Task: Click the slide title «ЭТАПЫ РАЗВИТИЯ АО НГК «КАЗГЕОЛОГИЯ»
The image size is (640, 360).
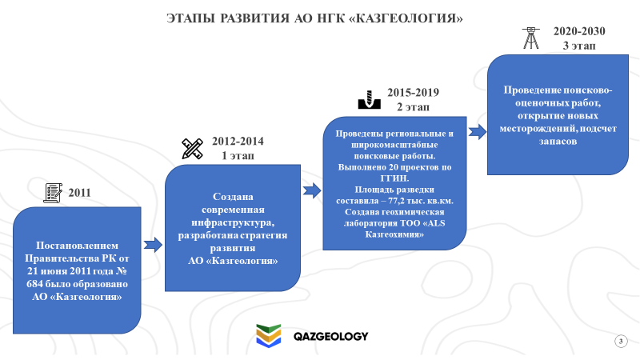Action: pyautogui.click(x=314, y=18)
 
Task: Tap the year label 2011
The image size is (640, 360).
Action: pyautogui.click(x=79, y=193)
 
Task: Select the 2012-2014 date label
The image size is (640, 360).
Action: pyautogui.click(x=238, y=142)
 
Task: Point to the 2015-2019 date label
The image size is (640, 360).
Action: pyautogui.click(x=413, y=93)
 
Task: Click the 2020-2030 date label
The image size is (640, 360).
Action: pyautogui.click(x=579, y=31)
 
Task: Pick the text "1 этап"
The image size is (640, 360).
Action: pyautogui.click(x=238, y=156)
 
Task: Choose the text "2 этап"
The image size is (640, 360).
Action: pyautogui.click(x=413, y=107)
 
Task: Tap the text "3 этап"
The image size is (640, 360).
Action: pyautogui.click(x=579, y=46)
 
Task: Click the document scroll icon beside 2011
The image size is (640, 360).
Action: pyautogui.click(x=53, y=193)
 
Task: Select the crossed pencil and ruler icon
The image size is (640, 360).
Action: pyautogui.click(x=192, y=149)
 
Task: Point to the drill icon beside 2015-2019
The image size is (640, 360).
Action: pyautogui.click(x=370, y=100)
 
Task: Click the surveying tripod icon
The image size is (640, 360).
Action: pyautogui.click(x=531, y=38)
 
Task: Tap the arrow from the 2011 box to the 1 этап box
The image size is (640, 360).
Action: pyautogui.click(x=153, y=245)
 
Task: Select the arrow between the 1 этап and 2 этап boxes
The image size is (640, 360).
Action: pyautogui.click(x=312, y=190)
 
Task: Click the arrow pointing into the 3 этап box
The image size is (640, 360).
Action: pyautogui.click(x=477, y=132)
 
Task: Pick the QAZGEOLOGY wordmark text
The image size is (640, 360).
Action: pyautogui.click(x=330, y=336)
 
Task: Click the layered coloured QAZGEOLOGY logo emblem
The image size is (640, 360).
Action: pyautogui.click(x=269, y=335)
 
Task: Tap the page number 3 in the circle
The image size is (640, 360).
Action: pyautogui.click(x=621, y=342)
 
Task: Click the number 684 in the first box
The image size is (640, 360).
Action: pyautogui.click(x=34, y=284)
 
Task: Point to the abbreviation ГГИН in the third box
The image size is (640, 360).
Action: pyautogui.click(x=394, y=178)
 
